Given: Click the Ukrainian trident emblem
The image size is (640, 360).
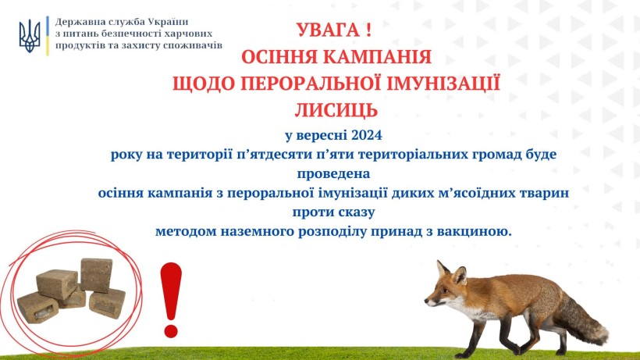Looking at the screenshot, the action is [x=30, y=37].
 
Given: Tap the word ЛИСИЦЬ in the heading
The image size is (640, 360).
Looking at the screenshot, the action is [x=336, y=110].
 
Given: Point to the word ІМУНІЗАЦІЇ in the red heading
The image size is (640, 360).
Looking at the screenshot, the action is [x=443, y=83].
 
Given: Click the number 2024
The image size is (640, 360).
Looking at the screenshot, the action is [x=367, y=135].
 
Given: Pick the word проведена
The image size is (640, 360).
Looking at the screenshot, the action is [x=333, y=174].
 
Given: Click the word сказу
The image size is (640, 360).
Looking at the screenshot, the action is [x=357, y=212].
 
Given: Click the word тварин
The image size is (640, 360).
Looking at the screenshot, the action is [x=544, y=193].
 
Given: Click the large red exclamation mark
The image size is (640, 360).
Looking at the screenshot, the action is [x=171, y=300].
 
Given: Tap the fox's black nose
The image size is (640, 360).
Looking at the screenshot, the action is [x=426, y=301].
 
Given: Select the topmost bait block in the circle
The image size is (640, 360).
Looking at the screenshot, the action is [x=96, y=275].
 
